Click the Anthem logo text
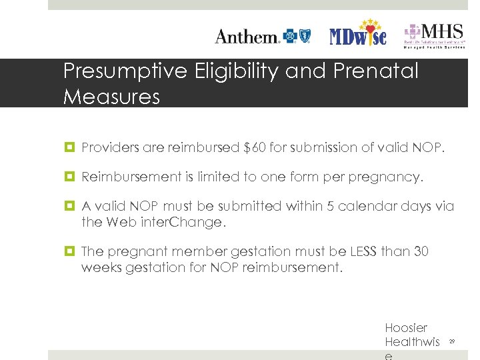coord(247,36)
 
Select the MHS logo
coord(433,34)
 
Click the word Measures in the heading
coord(111,97)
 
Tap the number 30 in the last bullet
coord(421,251)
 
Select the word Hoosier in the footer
coord(406,328)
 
